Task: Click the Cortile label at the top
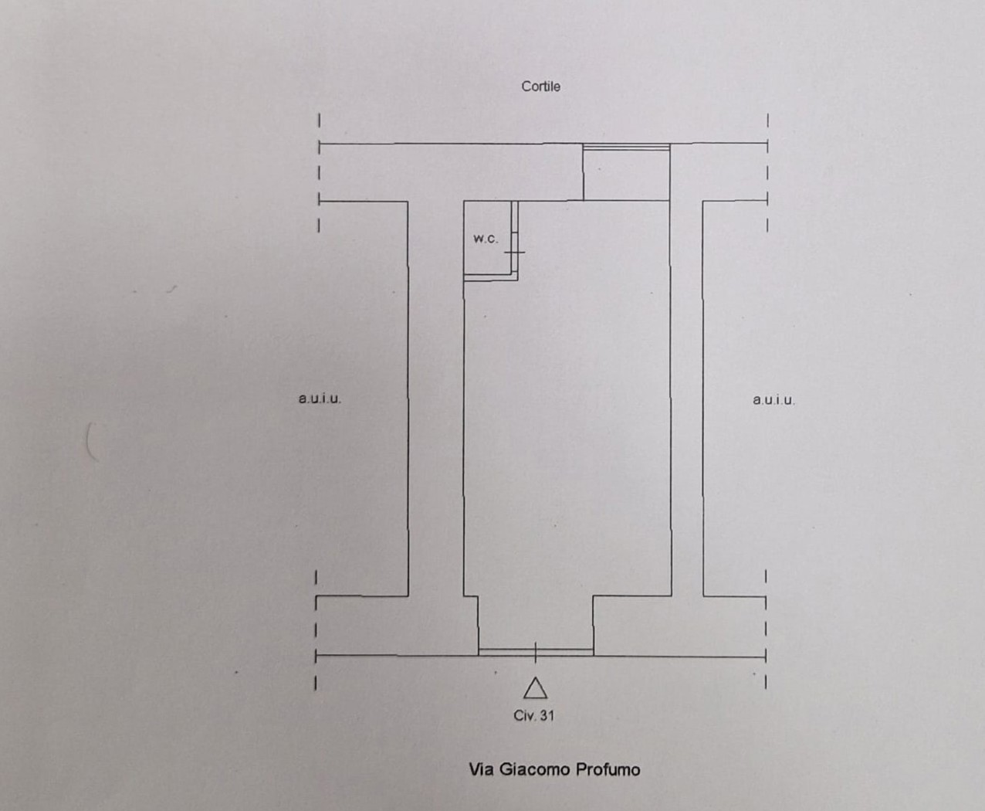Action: pos(540,87)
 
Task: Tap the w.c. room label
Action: pos(486,239)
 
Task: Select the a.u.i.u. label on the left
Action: pos(320,399)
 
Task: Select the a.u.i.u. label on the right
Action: pos(773,399)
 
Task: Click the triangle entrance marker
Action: pos(535,688)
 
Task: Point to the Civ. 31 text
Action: pos(534,715)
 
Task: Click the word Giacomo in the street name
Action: pos(533,769)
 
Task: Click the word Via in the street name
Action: pos(480,769)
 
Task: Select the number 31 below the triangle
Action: pos(547,715)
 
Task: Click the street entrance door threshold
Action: pos(536,652)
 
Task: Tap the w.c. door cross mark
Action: pos(515,251)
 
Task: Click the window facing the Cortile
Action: pos(626,146)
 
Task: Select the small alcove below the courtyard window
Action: pos(626,174)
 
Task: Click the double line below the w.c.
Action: pos(489,278)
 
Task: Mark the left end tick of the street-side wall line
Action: pos(316,656)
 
